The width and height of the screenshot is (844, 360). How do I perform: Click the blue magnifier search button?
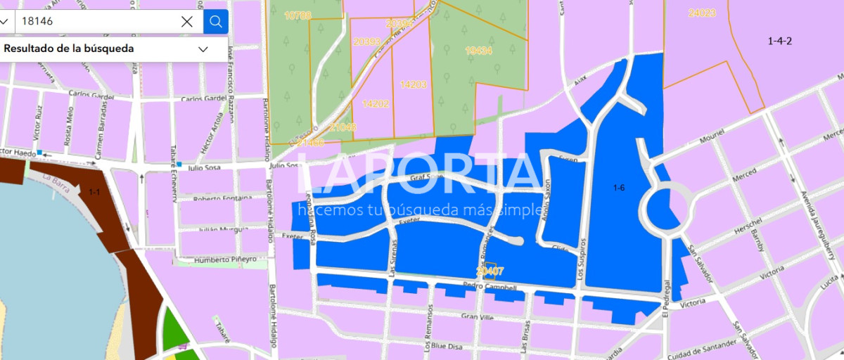[216, 21]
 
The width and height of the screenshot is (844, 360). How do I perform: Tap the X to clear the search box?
[187, 21]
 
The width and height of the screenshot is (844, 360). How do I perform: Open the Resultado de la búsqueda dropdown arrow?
[203, 49]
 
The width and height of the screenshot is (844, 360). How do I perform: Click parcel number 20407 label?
[490, 270]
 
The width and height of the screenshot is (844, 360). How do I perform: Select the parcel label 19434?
[479, 51]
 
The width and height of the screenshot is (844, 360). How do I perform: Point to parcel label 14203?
[413, 84]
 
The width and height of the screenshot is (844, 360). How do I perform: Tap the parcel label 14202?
[376, 103]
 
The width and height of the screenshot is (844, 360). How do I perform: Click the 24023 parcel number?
[702, 13]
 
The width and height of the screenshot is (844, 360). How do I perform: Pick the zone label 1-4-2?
[779, 41]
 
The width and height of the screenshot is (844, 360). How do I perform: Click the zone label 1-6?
[619, 187]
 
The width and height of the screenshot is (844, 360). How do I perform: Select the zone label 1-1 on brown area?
[95, 191]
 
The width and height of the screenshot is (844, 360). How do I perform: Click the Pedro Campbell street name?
[490, 287]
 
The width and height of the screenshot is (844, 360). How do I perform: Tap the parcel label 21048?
[343, 127]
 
